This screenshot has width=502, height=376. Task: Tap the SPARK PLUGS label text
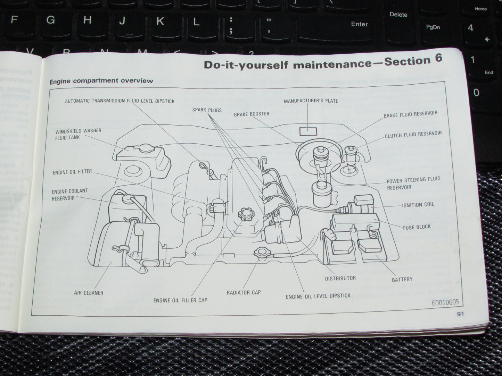207,110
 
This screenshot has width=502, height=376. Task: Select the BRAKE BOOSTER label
252,114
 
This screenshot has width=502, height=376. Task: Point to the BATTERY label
402,279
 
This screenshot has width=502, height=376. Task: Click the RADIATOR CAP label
244,292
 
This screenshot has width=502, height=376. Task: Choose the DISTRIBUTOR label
340,278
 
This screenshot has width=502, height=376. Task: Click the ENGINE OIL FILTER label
72,172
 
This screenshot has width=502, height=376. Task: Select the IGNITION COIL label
418,205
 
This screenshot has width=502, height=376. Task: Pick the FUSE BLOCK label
417,227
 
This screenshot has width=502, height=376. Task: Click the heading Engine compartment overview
101,81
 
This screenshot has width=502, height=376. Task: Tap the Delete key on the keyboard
398,15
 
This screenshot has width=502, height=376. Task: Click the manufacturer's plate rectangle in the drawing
308,131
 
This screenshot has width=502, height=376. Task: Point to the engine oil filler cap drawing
246,215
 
